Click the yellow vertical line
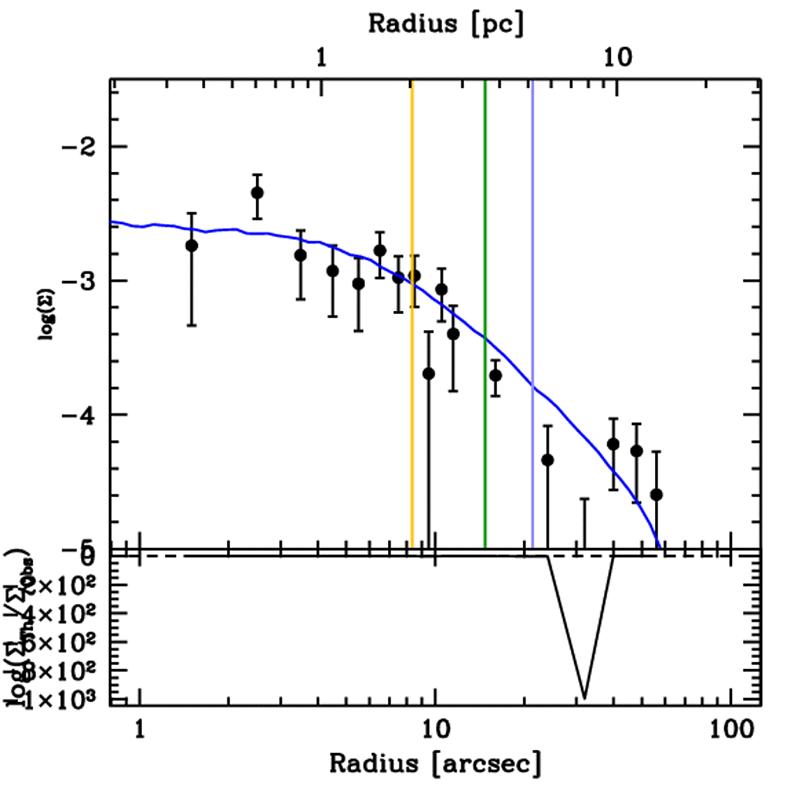coord(412,309)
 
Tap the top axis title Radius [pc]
coord(446,22)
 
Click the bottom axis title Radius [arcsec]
coord(435,763)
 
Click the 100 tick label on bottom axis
coord(729,728)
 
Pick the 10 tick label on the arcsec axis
coord(435,728)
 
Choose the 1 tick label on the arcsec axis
coord(140,728)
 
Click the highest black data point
coord(257,192)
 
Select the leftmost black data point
coord(191,245)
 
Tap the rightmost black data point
coord(657,494)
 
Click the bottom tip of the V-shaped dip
coord(584,697)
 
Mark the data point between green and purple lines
coord(495,375)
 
